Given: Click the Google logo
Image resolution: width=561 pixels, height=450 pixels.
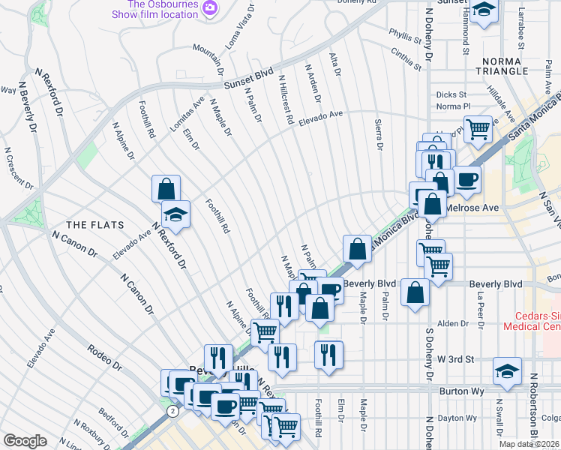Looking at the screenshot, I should [x=25, y=441].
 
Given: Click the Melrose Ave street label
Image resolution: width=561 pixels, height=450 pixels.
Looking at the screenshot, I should [x=472, y=207].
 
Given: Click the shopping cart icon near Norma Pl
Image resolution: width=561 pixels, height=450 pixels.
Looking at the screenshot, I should [x=477, y=129].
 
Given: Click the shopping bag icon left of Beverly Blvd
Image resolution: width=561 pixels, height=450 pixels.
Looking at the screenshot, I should [x=415, y=292].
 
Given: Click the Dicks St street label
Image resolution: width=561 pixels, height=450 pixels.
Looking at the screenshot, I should [x=451, y=94].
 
